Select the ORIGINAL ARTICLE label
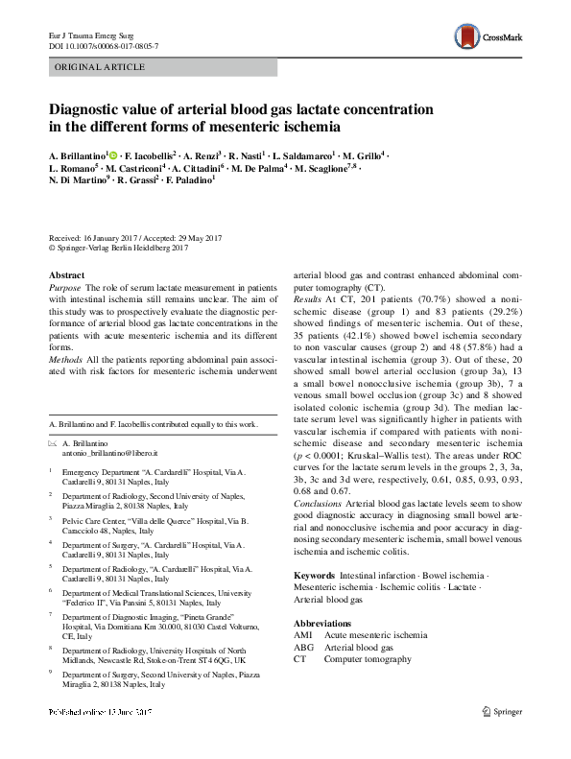point(101,67)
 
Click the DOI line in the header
point(104,46)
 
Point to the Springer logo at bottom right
point(501,739)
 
